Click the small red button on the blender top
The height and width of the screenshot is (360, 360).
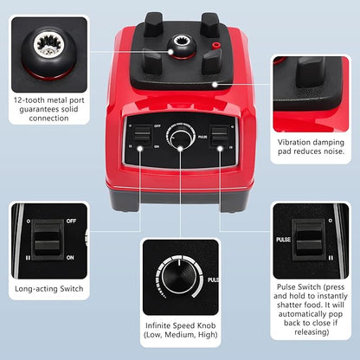(x=215, y=45)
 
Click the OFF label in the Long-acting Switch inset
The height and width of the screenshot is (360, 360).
(x=71, y=221)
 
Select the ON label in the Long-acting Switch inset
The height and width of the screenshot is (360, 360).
(x=70, y=257)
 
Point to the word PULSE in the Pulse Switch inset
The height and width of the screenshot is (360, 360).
(x=283, y=240)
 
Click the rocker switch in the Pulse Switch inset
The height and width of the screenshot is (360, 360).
(x=309, y=239)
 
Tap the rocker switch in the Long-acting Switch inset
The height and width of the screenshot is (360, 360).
(x=48, y=240)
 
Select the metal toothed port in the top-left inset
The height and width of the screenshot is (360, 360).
(x=48, y=45)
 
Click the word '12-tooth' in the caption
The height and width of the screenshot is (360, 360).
(x=29, y=100)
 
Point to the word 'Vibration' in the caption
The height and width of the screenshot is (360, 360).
(x=295, y=142)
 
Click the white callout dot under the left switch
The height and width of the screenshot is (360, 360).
(x=140, y=149)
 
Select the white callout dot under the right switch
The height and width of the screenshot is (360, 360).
(x=220, y=149)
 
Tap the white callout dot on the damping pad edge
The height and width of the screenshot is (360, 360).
(x=215, y=85)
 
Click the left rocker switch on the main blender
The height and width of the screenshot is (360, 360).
(x=143, y=136)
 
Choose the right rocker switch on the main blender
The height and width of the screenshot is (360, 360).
(x=219, y=136)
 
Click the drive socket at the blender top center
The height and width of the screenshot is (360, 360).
(x=183, y=46)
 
